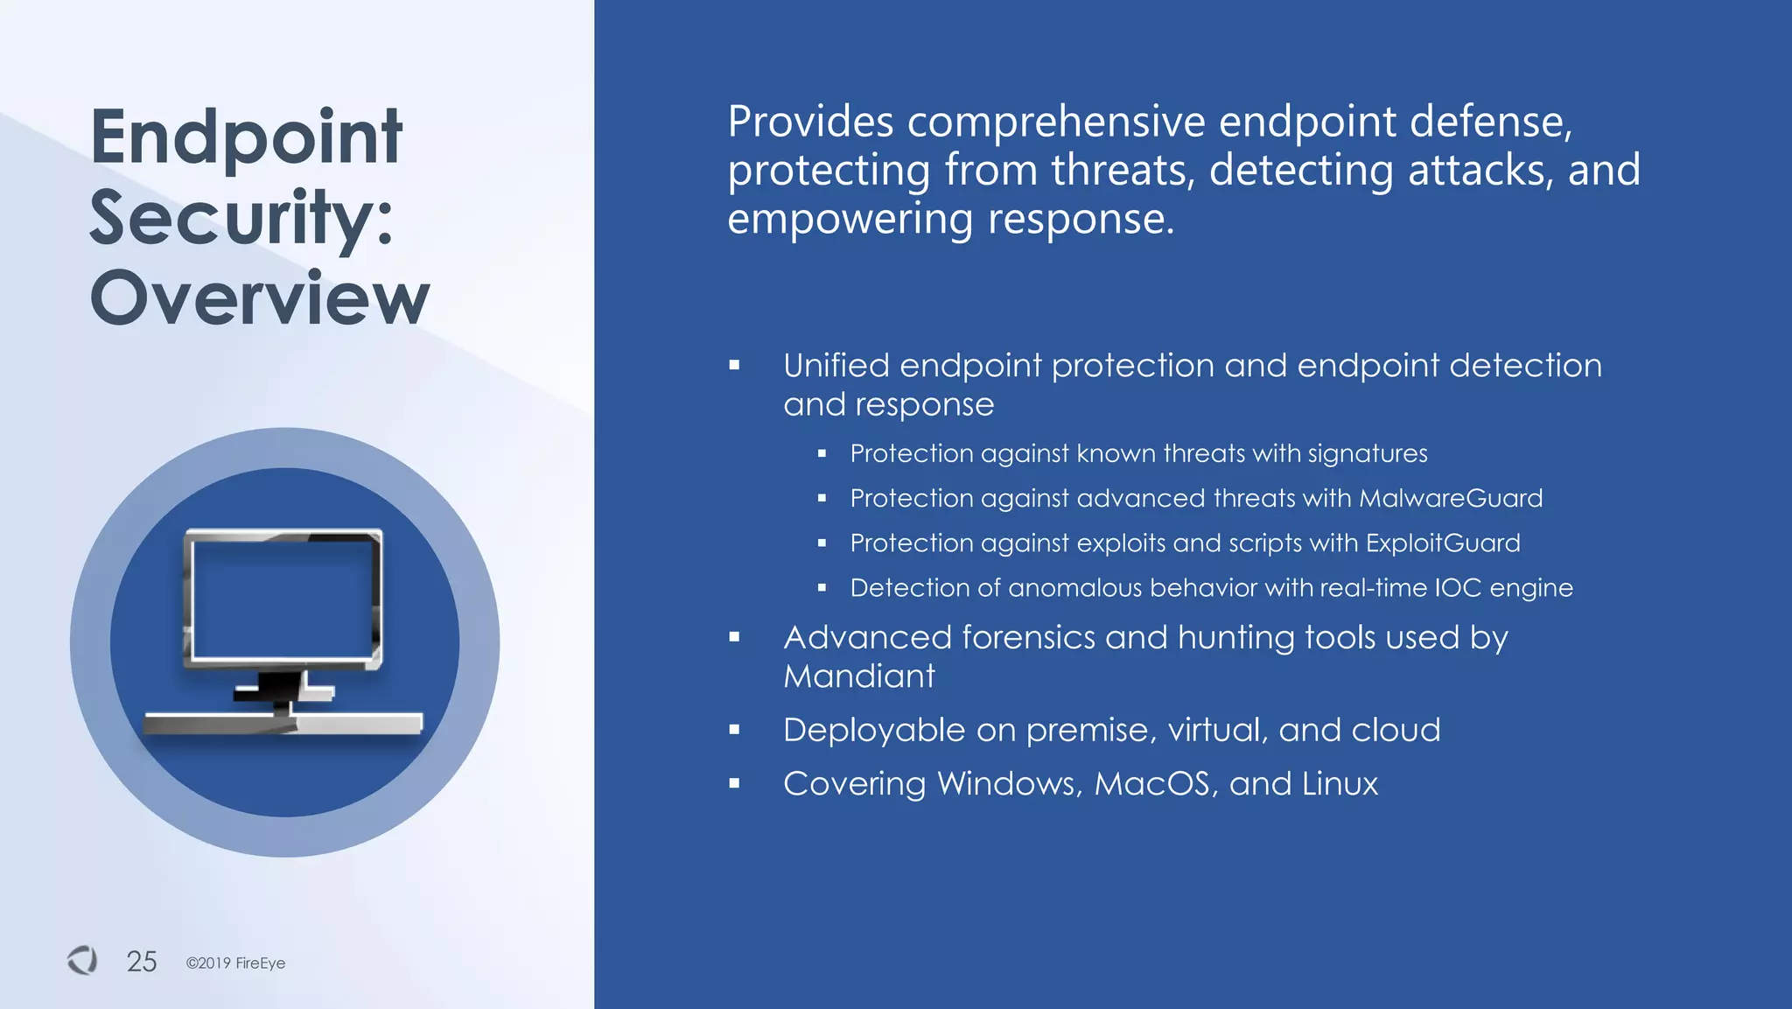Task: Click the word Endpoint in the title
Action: click(x=246, y=137)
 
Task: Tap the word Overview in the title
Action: click(x=260, y=298)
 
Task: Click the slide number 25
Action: click(x=142, y=961)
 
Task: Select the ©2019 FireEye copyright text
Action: click(x=235, y=963)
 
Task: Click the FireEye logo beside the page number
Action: click(x=82, y=960)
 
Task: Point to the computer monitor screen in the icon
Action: click(x=282, y=599)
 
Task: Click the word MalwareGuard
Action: click(x=1451, y=498)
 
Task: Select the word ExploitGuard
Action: click(x=1443, y=543)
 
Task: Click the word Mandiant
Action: click(x=858, y=676)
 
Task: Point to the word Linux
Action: click(x=1340, y=783)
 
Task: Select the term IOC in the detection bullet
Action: click(x=1458, y=587)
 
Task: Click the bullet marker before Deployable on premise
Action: click(x=734, y=730)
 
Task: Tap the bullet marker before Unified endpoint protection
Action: click(x=734, y=365)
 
